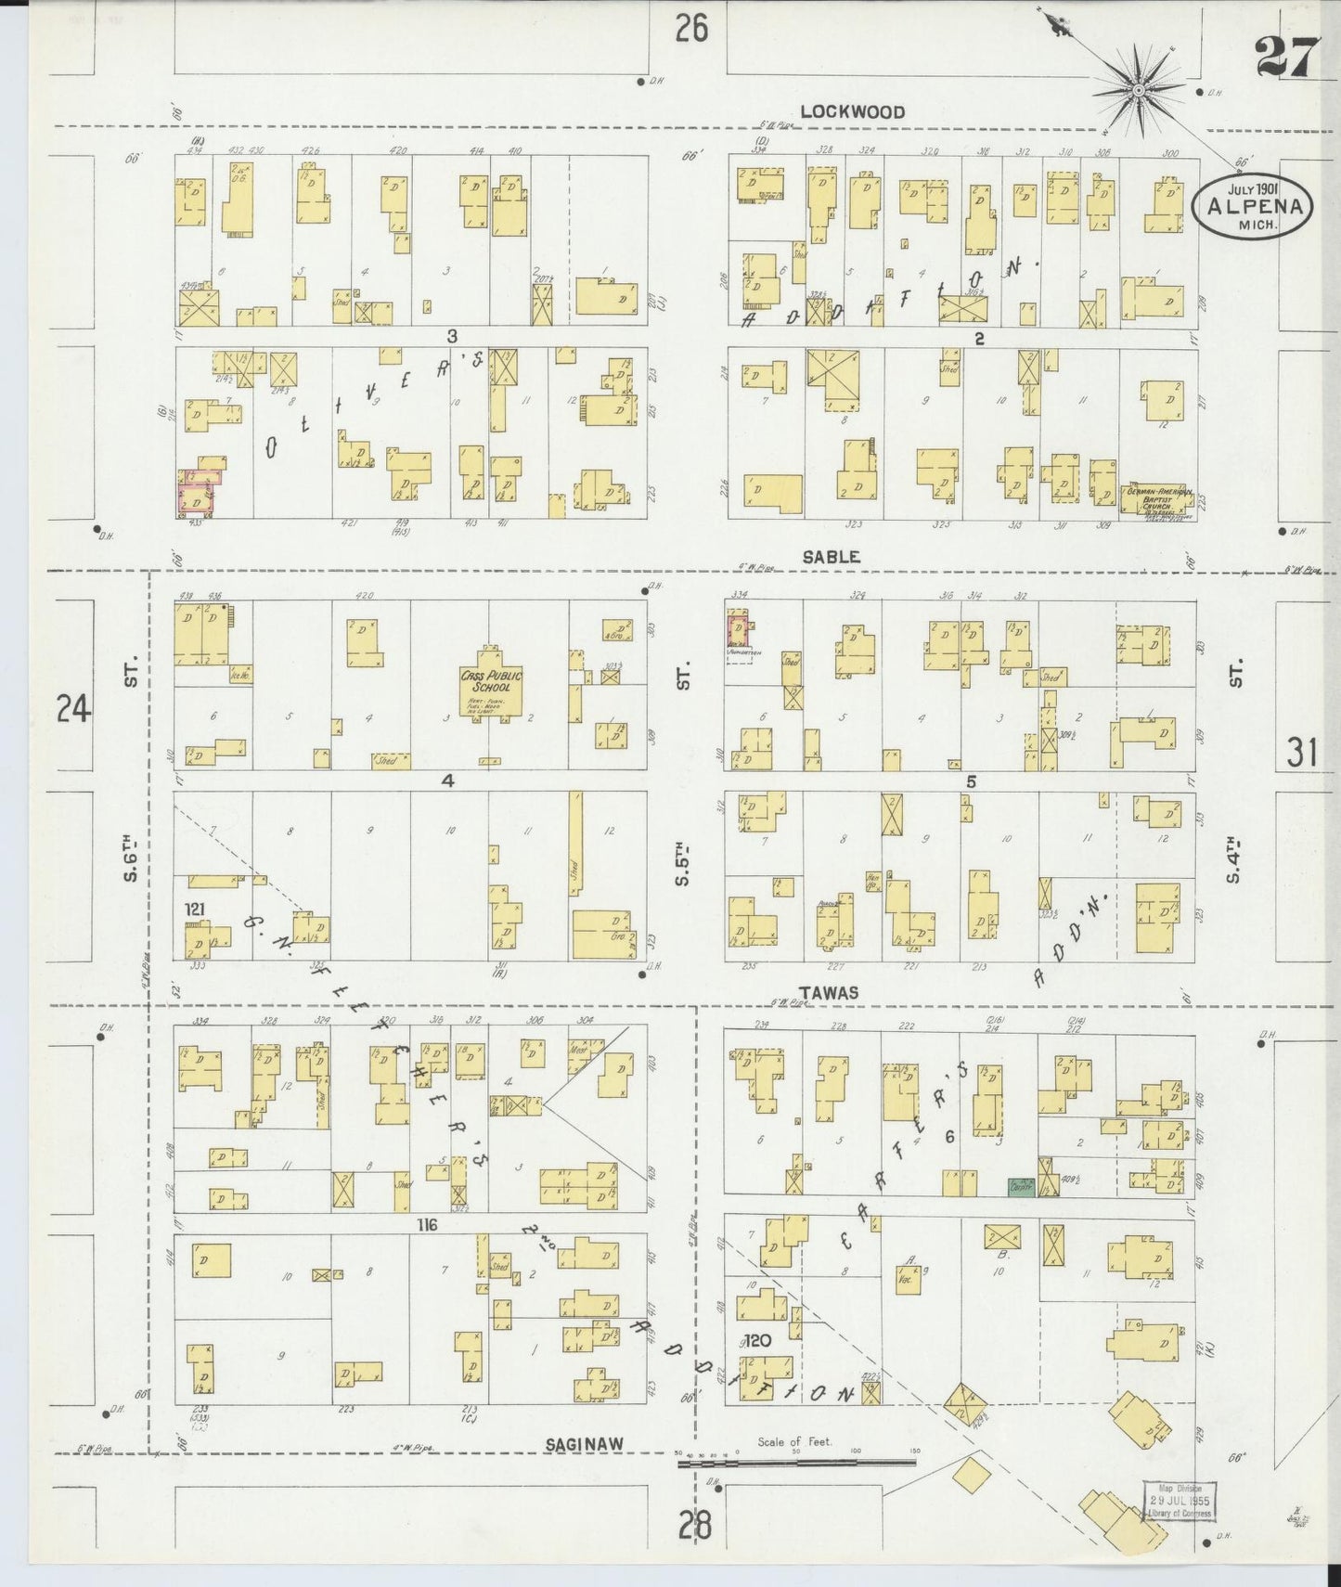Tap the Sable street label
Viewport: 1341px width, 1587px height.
831,557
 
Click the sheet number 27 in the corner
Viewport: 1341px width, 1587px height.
1286,60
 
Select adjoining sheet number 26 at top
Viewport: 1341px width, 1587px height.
691,30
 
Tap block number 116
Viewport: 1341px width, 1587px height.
426,1226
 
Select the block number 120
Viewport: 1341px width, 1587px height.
757,1341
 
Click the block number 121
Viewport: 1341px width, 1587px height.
197,910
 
